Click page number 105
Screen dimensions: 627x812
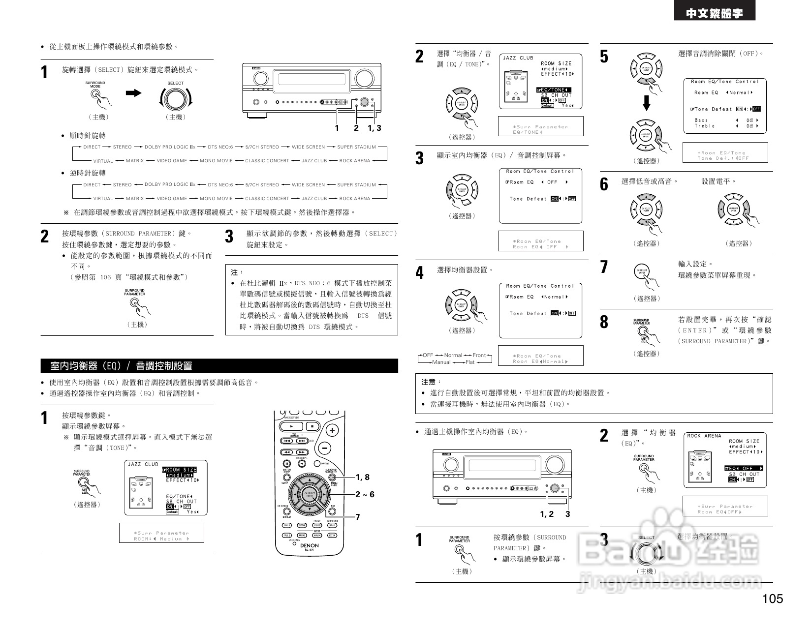coord(772,599)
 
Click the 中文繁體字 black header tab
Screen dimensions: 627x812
coord(715,14)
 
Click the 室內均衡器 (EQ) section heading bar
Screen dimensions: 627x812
coord(219,366)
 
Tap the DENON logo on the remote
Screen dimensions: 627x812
coord(310,545)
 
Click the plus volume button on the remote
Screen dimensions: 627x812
coord(333,430)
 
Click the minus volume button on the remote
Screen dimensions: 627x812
coord(324,448)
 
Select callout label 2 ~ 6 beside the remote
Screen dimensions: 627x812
coord(365,494)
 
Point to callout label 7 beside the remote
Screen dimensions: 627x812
coord(358,517)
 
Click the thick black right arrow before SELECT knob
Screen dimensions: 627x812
coord(133,93)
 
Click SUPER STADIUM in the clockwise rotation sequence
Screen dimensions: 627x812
coord(356,147)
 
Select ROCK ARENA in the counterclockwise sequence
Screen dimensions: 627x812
coord(354,199)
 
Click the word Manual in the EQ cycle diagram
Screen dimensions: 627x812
coord(441,362)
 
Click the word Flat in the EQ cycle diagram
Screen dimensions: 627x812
coord(470,362)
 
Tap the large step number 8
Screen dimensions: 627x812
coord(604,322)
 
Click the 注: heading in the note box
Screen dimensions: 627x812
coord(237,272)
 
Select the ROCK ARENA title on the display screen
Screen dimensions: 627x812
coord(704,436)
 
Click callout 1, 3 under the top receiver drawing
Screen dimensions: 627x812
coord(374,128)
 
